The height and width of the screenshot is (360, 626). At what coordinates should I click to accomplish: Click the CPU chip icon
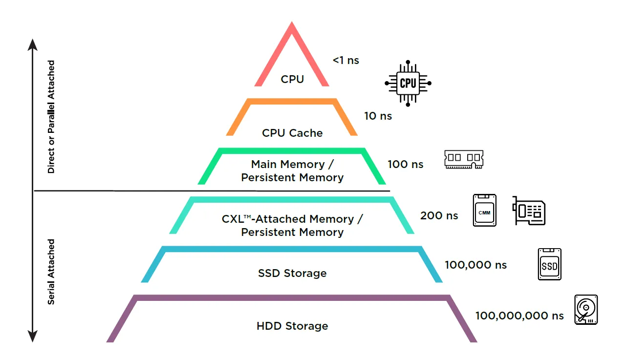pyautogui.click(x=408, y=83)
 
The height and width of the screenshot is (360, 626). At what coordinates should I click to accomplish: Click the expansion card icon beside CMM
pyautogui.click(x=529, y=211)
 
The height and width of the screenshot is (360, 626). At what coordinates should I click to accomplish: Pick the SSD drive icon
pyautogui.click(x=550, y=264)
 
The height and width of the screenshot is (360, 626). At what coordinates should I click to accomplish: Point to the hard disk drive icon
pyautogui.click(x=586, y=309)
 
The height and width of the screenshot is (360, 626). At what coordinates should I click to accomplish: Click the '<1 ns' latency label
pyautogui.click(x=345, y=61)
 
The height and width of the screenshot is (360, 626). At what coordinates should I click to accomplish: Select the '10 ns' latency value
pyautogui.click(x=378, y=116)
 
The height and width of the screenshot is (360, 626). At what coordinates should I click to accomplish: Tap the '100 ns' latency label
pyautogui.click(x=405, y=164)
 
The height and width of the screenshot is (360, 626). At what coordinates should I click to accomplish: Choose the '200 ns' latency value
pyautogui.click(x=439, y=215)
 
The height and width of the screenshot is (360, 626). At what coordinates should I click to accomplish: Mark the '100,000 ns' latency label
pyautogui.click(x=475, y=265)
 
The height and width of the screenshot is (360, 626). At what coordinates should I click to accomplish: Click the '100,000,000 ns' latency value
pyautogui.click(x=519, y=316)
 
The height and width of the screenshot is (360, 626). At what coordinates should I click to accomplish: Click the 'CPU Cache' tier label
pyautogui.click(x=292, y=133)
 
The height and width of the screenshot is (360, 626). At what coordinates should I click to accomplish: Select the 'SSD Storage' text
pyautogui.click(x=292, y=273)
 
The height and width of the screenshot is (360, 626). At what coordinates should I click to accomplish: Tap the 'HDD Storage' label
pyautogui.click(x=292, y=326)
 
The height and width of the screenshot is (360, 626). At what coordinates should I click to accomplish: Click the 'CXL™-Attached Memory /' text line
pyautogui.click(x=292, y=219)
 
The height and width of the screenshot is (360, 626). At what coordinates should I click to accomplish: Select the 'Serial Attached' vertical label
pyautogui.click(x=51, y=272)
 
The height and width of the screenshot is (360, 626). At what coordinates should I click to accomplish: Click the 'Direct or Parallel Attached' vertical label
pyautogui.click(x=51, y=117)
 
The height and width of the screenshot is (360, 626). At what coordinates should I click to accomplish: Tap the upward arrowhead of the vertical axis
pyautogui.click(x=33, y=44)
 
